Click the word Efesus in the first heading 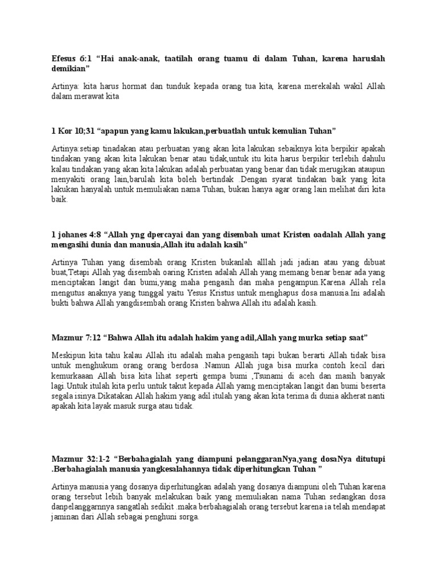click(x=64, y=58)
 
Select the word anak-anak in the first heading click(x=137, y=58)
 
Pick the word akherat click(x=324, y=397)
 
